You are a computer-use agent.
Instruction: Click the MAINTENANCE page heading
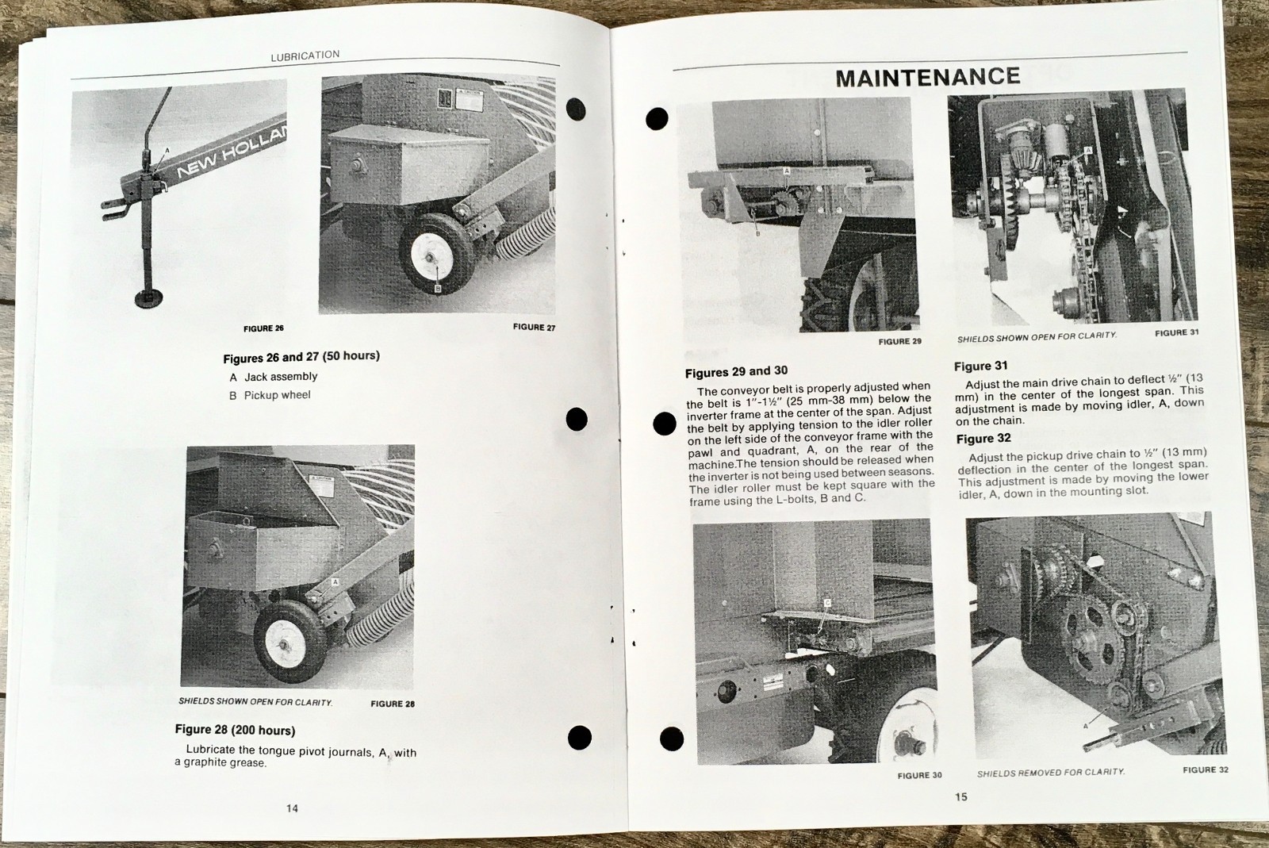[x=927, y=77]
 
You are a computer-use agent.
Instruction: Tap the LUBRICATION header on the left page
[x=305, y=56]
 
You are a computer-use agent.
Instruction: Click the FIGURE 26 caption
[x=263, y=328]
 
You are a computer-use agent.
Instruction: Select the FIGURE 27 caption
[x=534, y=327]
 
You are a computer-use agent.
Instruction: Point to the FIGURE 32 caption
[x=1205, y=769]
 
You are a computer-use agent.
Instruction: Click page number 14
[x=292, y=808]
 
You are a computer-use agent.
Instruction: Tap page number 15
[x=961, y=797]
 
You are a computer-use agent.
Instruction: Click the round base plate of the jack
[x=148, y=298]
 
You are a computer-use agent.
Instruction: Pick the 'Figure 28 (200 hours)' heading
[x=235, y=730]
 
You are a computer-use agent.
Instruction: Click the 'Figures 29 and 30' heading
[x=736, y=371]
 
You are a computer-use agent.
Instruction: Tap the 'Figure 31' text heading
[x=980, y=366]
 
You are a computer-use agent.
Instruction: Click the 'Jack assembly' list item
[x=280, y=377]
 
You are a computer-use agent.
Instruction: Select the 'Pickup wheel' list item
[x=277, y=395]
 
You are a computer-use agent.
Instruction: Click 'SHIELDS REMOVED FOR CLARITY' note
[x=1050, y=773]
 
